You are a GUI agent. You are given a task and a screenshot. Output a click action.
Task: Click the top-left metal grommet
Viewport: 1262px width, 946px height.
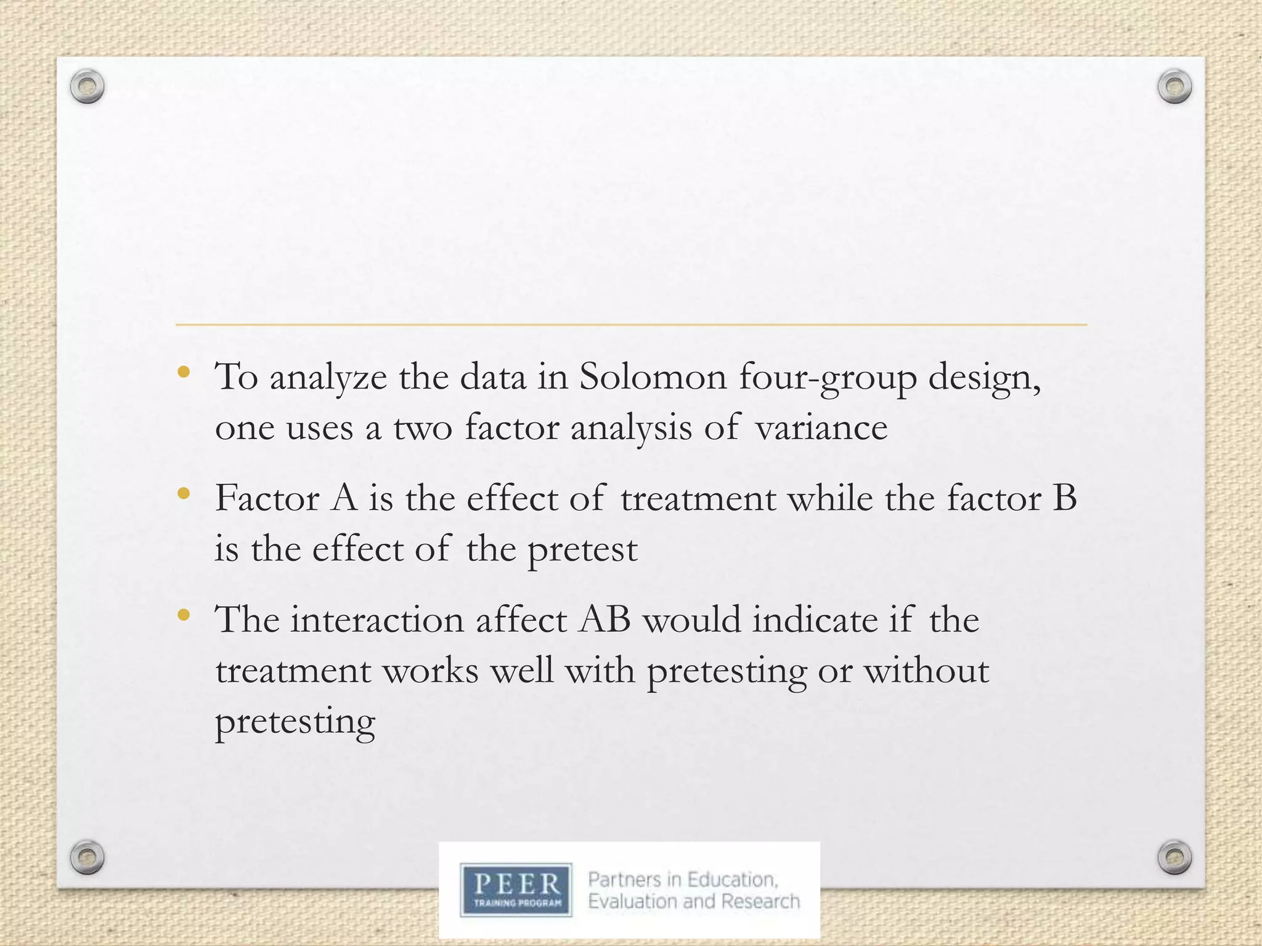click(x=87, y=87)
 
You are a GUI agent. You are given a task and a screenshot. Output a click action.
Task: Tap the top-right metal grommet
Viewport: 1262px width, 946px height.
click(x=1174, y=87)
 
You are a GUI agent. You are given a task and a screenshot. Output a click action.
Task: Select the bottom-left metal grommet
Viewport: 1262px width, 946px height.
click(x=87, y=857)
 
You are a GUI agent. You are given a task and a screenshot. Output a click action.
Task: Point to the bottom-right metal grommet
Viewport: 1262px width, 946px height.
click(x=1174, y=857)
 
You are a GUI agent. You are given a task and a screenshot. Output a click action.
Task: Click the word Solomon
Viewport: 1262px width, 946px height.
click(x=653, y=376)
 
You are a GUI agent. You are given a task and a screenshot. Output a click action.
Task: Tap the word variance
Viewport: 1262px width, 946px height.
click(x=821, y=427)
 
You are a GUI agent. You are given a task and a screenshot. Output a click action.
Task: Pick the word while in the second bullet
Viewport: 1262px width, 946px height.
click(x=831, y=498)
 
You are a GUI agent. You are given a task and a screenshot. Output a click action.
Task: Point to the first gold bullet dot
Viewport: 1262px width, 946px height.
click(x=183, y=372)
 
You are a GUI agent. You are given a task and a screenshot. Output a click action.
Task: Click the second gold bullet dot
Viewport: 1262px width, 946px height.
click(x=183, y=493)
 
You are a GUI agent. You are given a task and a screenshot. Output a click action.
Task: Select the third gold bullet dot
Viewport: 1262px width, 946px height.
click(x=183, y=615)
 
